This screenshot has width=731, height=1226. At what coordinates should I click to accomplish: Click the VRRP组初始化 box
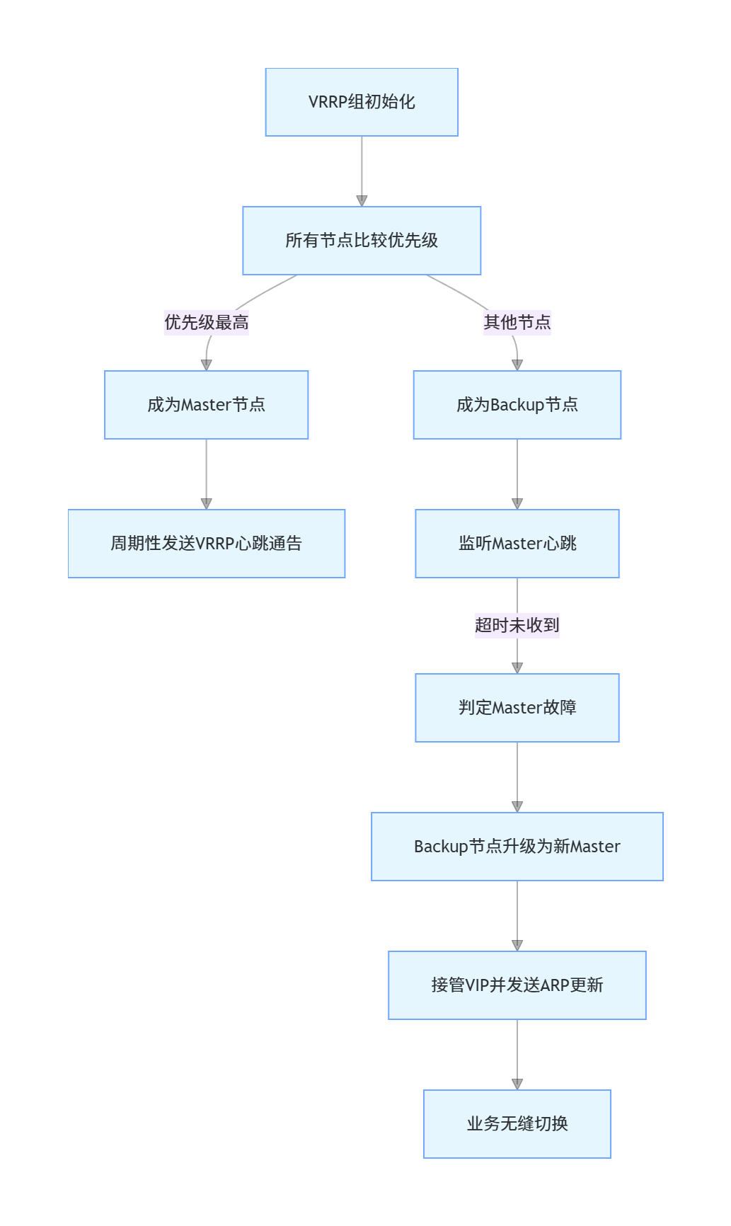(x=362, y=102)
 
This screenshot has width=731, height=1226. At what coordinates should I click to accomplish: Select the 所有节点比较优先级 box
(x=362, y=241)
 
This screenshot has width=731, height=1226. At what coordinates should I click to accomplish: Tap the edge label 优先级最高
(x=206, y=323)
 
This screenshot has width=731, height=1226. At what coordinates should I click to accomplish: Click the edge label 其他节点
(x=517, y=323)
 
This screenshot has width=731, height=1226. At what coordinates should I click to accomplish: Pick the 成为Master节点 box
(x=206, y=405)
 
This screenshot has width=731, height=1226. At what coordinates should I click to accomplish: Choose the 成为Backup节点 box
(x=517, y=405)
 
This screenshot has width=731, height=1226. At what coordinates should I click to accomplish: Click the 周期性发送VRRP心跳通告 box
(x=206, y=544)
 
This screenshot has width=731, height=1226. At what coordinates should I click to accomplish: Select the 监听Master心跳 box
(x=517, y=544)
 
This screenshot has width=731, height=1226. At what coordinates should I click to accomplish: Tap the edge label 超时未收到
(x=517, y=625)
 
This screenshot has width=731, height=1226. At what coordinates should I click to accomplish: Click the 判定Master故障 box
(x=517, y=708)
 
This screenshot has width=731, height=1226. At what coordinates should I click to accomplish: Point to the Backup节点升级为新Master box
(x=517, y=847)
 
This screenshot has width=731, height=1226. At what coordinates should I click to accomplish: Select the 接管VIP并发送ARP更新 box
(x=517, y=985)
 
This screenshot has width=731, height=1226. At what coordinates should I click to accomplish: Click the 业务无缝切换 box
(x=517, y=1124)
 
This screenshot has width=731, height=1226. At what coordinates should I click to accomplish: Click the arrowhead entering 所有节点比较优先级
(x=362, y=201)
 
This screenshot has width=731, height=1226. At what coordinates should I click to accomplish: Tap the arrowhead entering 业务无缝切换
(x=517, y=1084)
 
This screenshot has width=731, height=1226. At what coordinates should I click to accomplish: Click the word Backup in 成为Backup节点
(x=517, y=405)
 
